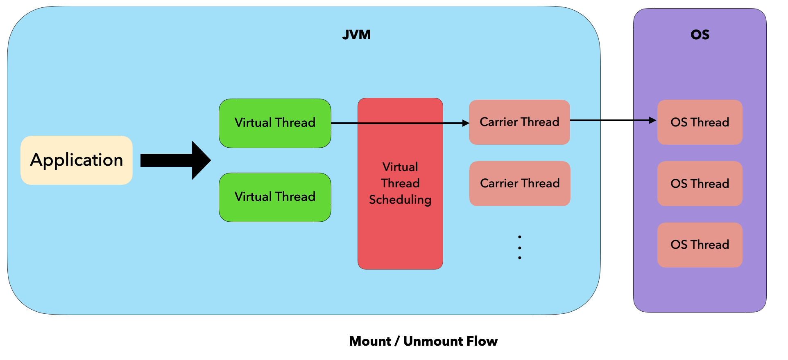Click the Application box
tap(77, 160)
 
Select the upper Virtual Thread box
tap(275, 123)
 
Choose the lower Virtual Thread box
tap(275, 197)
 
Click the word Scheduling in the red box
tap(400, 200)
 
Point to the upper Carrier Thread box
tap(519, 122)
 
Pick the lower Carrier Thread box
tap(519, 183)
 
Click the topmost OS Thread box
tap(700, 122)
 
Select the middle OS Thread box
tap(700, 183)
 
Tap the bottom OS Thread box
tap(700, 245)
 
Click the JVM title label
tap(356, 35)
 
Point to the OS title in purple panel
tap(700, 35)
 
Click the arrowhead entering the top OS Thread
tap(653, 120)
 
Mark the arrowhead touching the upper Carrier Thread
tap(466, 123)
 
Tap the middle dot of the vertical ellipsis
tap(519, 248)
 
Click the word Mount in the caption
tap(370, 341)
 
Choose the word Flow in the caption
tap(483, 341)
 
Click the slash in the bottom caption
tap(397, 341)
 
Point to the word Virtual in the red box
tap(400, 167)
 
